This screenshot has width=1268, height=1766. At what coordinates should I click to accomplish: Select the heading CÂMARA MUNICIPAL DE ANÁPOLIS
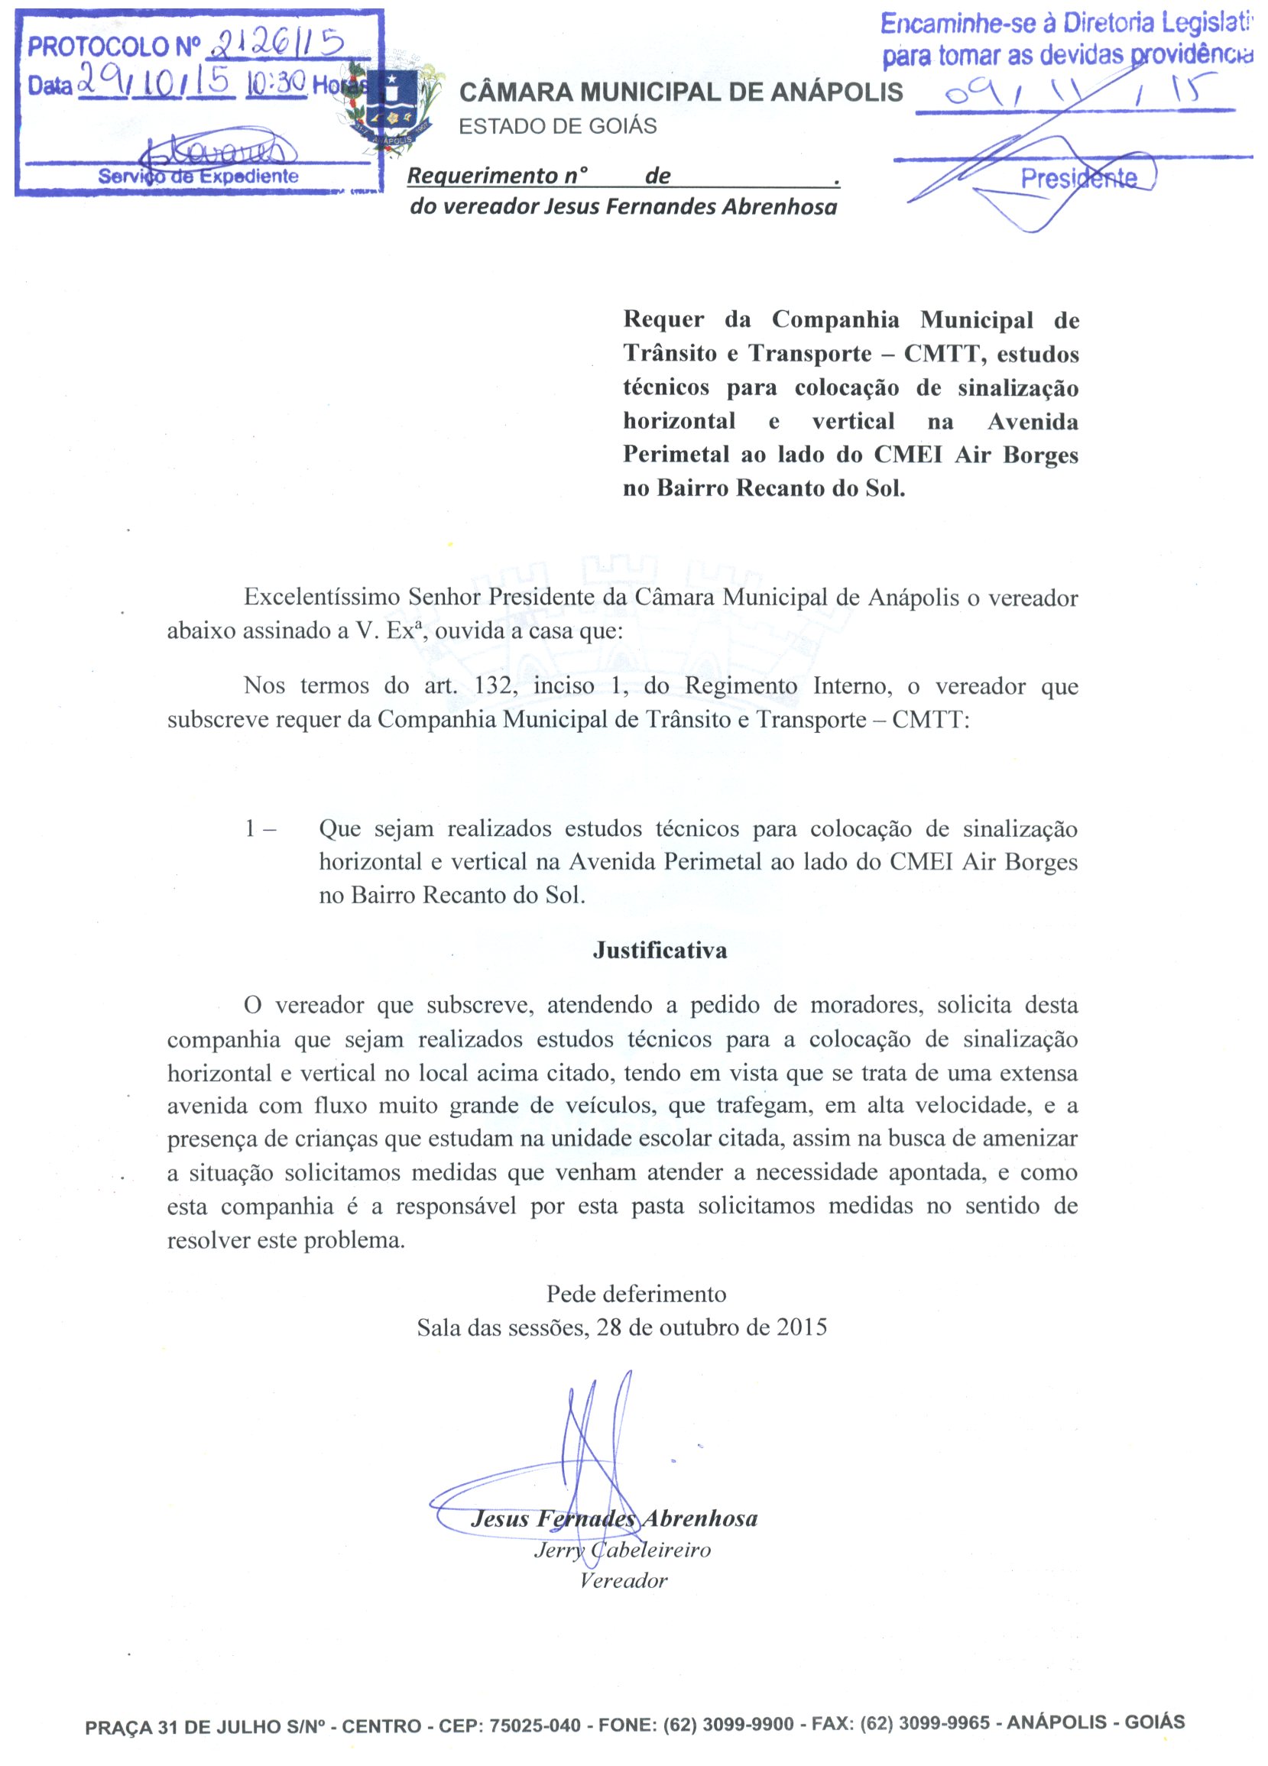(681, 92)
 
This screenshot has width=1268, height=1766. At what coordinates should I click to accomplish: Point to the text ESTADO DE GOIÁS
(558, 126)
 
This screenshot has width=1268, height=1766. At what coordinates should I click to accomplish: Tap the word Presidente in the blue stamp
(1078, 179)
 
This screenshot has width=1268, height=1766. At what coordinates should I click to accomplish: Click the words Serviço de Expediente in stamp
(198, 176)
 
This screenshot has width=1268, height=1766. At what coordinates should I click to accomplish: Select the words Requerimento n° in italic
(497, 176)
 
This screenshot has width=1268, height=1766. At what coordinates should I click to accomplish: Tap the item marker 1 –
(260, 828)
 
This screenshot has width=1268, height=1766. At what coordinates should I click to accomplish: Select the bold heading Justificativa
(660, 950)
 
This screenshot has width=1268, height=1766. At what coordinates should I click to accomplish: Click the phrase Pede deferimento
(636, 1295)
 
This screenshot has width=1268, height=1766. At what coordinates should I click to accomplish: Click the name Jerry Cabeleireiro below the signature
(622, 1550)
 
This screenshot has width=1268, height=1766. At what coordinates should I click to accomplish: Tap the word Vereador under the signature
(623, 1580)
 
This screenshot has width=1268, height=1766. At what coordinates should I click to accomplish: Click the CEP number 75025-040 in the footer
(534, 1725)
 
